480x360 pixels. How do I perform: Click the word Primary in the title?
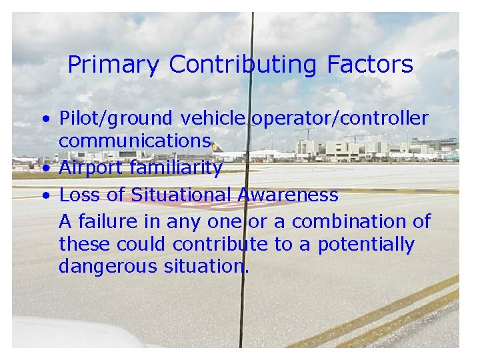click(x=114, y=65)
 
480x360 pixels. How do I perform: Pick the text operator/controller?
click(x=340, y=119)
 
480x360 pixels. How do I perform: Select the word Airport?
click(x=92, y=168)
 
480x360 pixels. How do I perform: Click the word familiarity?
click(x=176, y=168)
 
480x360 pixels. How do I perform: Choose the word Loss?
click(x=79, y=195)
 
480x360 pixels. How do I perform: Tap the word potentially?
click(x=366, y=245)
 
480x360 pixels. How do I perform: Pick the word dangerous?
click(x=105, y=267)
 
